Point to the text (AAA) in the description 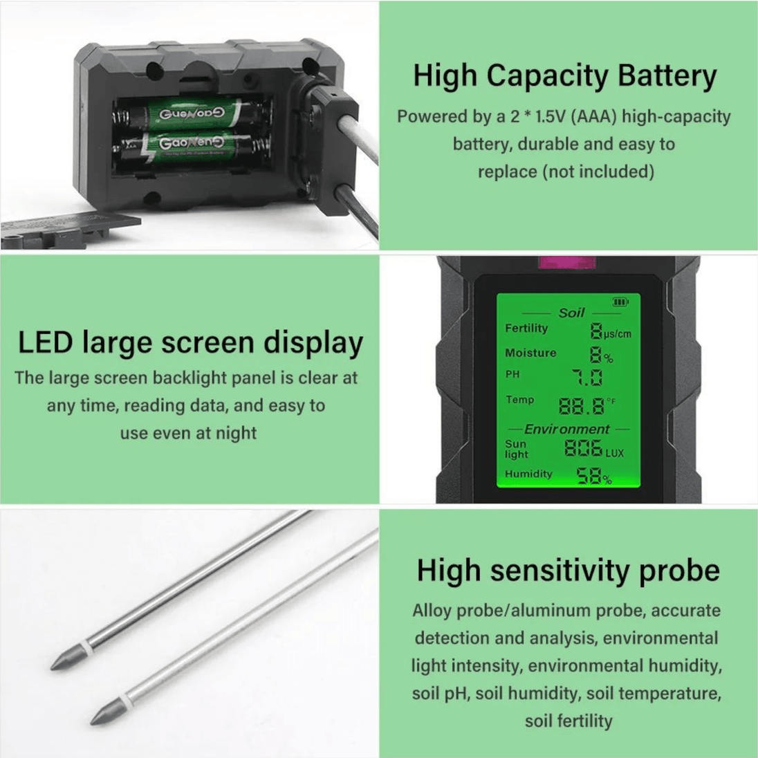(593, 116)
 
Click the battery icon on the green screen (620, 302)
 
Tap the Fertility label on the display (526, 329)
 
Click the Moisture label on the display (530, 353)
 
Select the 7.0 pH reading (587, 378)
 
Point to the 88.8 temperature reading (582, 407)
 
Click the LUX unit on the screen (614, 454)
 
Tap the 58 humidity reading (589, 476)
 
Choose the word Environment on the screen (566, 429)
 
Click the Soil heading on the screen (571, 313)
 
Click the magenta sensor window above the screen (566, 264)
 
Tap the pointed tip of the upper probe (51, 669)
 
